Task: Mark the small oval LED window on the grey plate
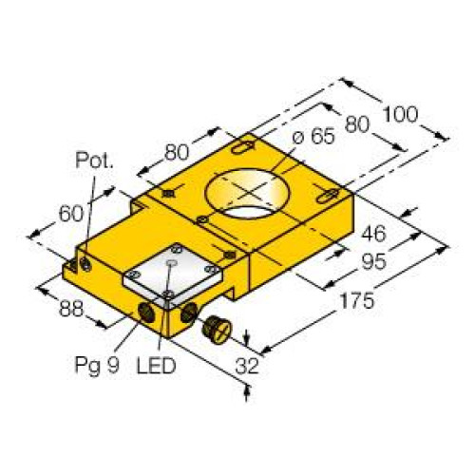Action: (172, 259)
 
